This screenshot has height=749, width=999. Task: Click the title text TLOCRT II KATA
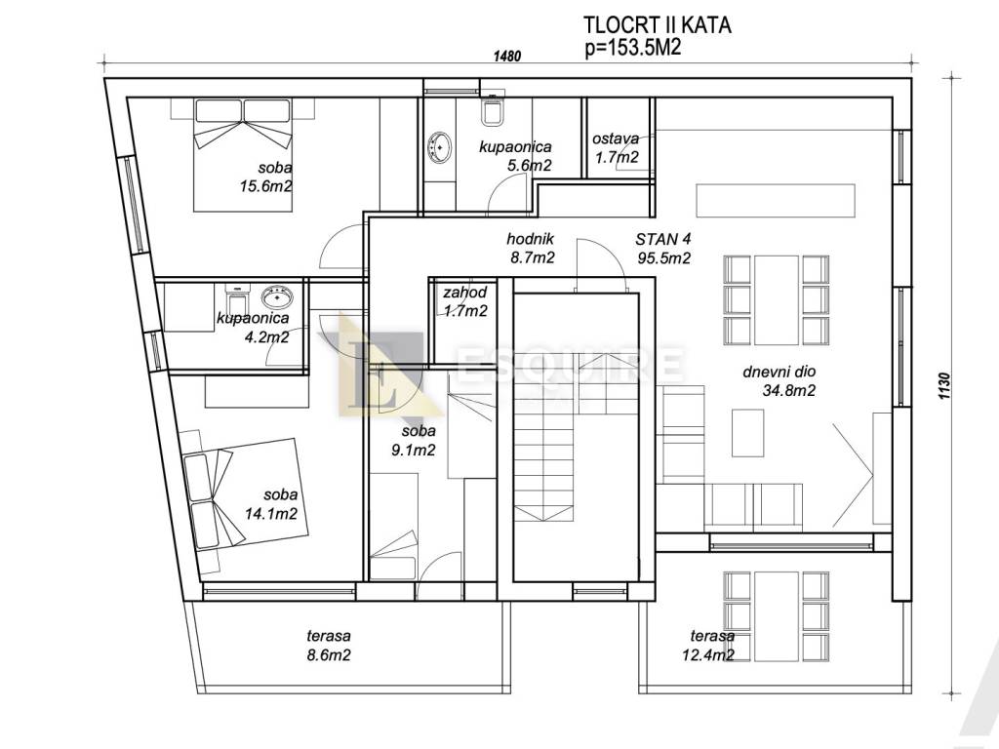tap(657, 24)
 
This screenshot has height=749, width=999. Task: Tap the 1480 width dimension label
tap(507, 56)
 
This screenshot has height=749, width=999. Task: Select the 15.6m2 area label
tap(265, 186)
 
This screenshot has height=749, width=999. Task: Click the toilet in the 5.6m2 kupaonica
tap(493, 110)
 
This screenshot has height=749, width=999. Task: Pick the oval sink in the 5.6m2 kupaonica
tap(439, 147)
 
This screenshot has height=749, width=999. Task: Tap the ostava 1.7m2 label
tap(616, 148)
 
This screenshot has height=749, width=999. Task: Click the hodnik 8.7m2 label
tap(530, 248)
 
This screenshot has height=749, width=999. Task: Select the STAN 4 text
tap(662, 240)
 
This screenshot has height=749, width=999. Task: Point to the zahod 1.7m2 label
tap(465, 301)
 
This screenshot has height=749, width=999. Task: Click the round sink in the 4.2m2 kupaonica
tap(277, 296)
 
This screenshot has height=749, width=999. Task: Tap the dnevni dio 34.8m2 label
tap(779, 381)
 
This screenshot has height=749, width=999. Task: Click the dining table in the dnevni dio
tap(777, 299)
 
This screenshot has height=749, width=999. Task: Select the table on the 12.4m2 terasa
tap(777, 615)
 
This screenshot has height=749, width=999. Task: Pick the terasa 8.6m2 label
tap(329, 645)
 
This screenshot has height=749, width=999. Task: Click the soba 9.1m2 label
tap(414, 441)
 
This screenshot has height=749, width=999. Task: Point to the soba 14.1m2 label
tap(271, 504)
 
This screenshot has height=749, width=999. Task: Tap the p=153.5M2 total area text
tap(633, 48)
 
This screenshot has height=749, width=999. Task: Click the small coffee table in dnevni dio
tap(748, 432)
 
